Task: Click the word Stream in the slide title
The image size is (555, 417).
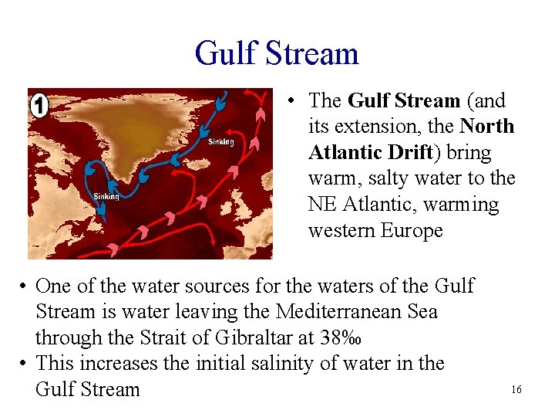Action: [x=313, y=53]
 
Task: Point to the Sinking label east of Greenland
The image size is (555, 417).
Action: [x=220, y=141]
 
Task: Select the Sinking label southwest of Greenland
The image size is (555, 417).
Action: [x=106, y=196]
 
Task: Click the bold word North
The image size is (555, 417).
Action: [x=486, y=126]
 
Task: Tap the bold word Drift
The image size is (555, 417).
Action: [x=400, y=152]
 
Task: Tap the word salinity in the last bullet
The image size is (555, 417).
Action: [x=293, y=363]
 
